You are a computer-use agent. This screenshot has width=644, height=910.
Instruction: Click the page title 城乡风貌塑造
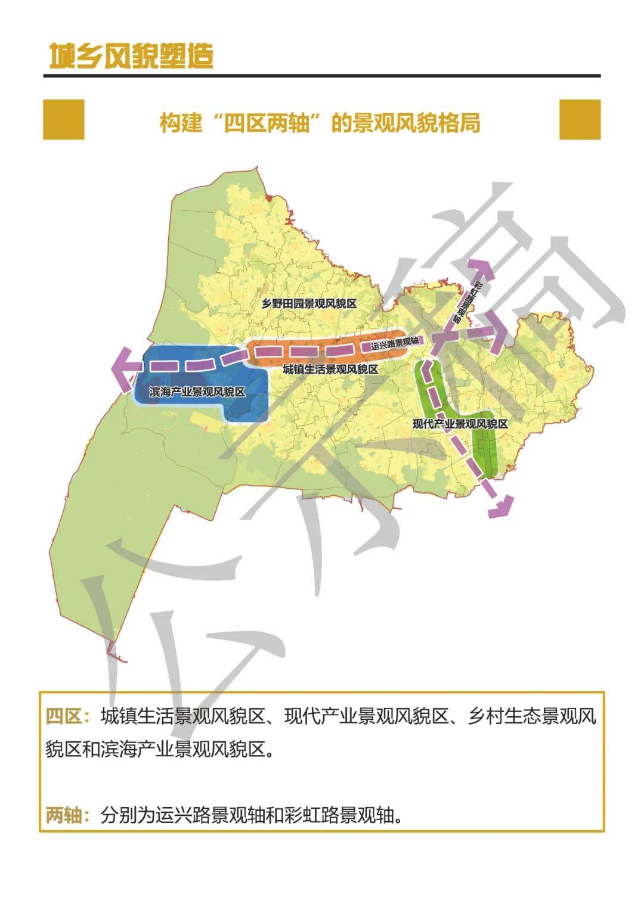click(x=131, y=56)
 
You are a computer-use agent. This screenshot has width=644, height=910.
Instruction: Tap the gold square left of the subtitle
click(x=64, y=119)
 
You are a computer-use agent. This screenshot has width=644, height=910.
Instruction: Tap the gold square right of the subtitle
click(x=580, y=119)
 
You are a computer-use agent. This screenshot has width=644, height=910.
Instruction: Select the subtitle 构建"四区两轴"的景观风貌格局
click(x=320, y=123)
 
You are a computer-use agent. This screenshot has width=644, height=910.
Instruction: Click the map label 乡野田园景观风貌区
click(x=309, y=304)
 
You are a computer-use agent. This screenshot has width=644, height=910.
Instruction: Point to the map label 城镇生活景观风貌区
click(x=330, y=369)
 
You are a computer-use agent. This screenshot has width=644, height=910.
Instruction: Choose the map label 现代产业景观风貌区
click(x=460, y=424)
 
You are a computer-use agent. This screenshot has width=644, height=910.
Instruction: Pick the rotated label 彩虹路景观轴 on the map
click(x=467, y=301)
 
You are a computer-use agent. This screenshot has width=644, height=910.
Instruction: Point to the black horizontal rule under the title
click(x=322, y=76)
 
